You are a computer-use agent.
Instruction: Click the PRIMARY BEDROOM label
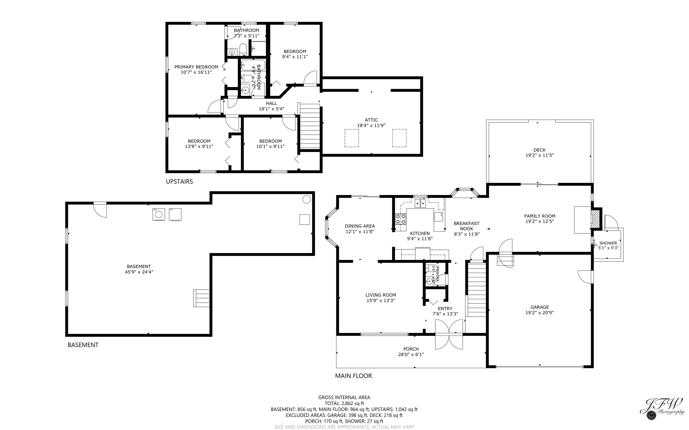click(196, 67)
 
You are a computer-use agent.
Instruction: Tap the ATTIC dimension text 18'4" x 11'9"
click(371, 125)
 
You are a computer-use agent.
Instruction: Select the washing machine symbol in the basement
click(159, 214)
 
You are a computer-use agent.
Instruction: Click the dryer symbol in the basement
click(175, 214)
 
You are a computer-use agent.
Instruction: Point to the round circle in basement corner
click(306, 199)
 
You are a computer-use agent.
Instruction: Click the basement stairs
click(201, 298)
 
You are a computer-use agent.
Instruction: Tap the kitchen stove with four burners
click(400, 219)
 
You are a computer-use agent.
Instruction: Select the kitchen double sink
click(420, 203)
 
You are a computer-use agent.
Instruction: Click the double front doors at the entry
click(449, 334)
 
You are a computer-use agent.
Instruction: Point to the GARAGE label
click(539, 307)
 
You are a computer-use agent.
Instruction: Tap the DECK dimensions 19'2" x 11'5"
click(539, 155)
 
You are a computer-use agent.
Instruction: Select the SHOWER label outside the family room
click(608, 243)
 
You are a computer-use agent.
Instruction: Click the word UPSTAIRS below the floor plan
click(179, 182)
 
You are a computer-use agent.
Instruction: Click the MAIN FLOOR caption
click(353, 376)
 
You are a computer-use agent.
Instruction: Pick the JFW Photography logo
click(661, 408)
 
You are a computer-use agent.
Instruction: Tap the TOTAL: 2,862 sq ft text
click(344, 403)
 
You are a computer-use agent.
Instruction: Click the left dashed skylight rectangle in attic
click(351, 138)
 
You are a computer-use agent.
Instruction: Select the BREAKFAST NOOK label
click(466, 226)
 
